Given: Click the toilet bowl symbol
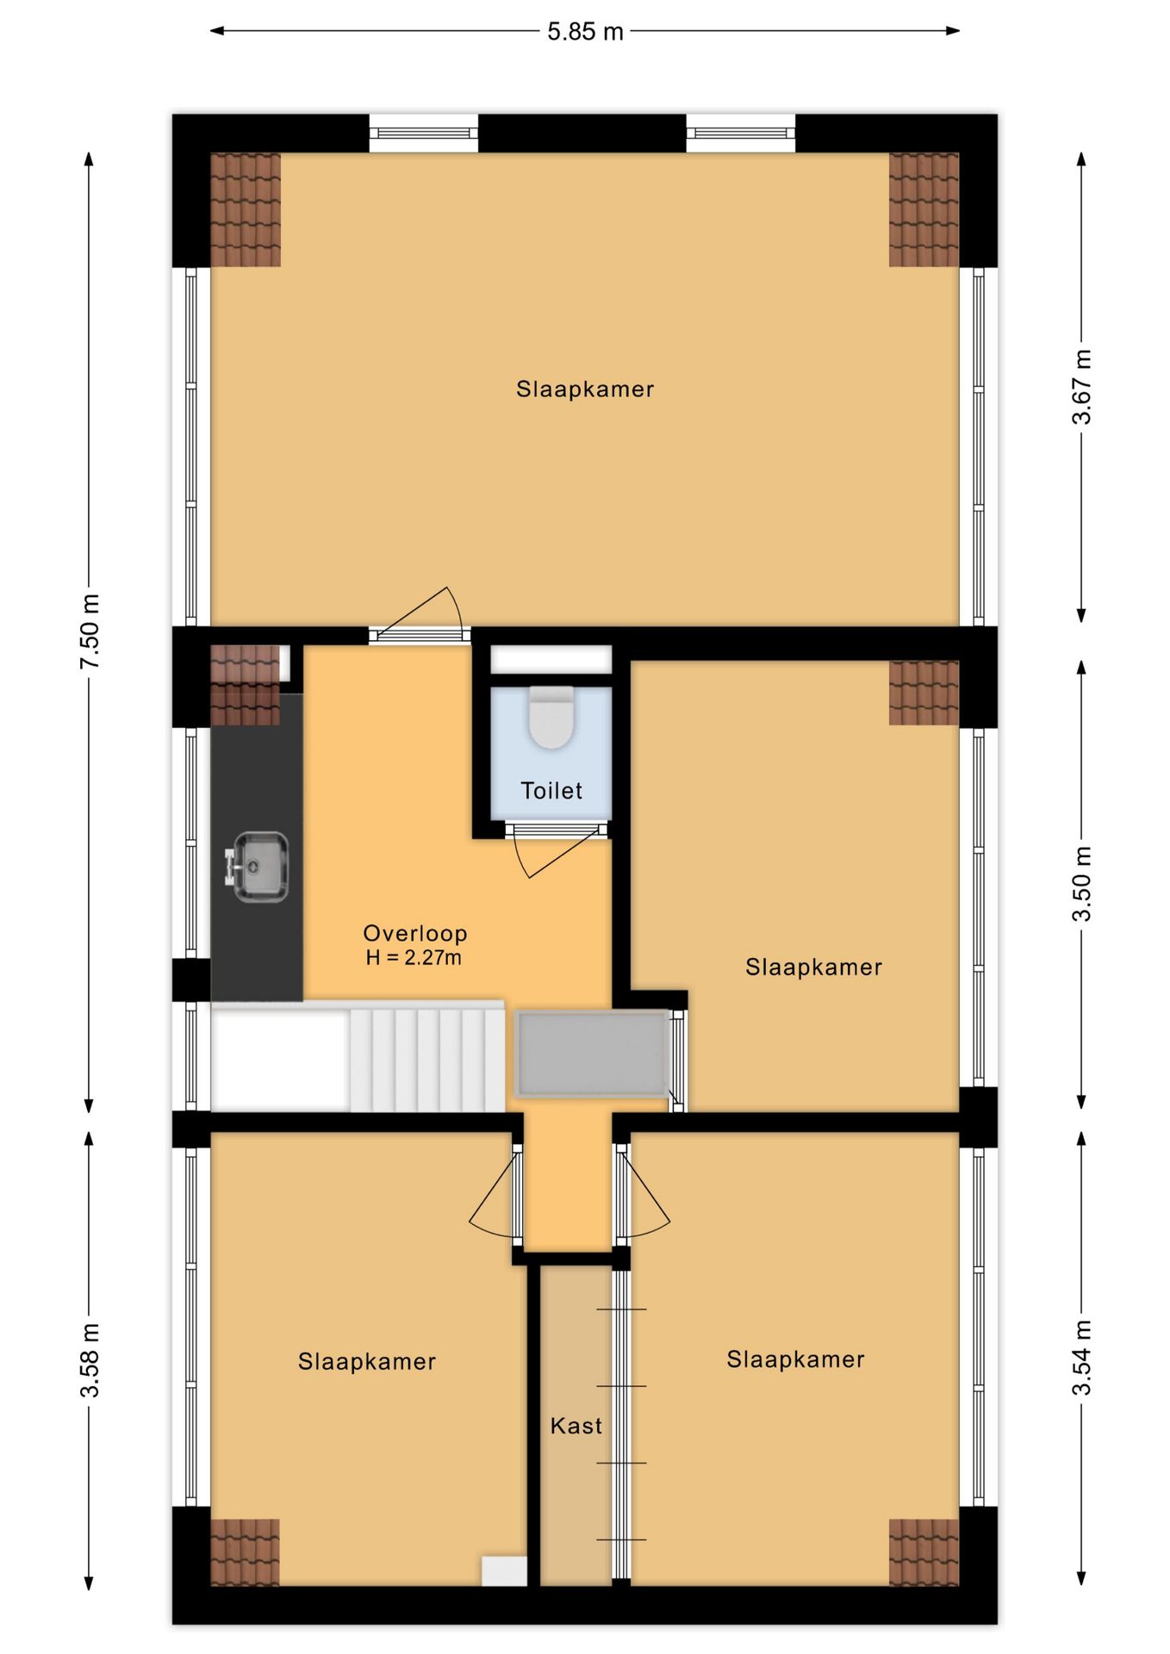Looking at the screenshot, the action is (x=551, y=717).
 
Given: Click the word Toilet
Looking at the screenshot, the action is (x=551, y=791).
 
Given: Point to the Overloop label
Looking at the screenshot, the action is (x=415, y=933).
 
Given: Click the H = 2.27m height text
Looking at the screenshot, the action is (x=414, y=957).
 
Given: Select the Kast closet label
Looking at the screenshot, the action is (x=576, y=1426).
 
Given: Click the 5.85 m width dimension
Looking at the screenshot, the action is (x=585, y=32).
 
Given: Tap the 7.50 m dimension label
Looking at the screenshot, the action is (x=90, y=631).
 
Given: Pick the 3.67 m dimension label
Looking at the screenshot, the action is (x=1081, y=387).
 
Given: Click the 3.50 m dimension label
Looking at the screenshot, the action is (x=1081, y=884).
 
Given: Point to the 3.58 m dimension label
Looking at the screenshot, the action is (x=90, y=1361).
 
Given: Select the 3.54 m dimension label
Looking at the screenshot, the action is (x=1081, y=1359).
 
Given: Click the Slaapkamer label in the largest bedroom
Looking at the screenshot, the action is (x=585, y=389).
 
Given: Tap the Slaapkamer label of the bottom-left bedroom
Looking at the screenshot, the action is (x=367, y=1361).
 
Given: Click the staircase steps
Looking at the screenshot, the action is (x=426, y=1060).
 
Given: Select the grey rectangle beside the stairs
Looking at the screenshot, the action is (x=592, y=1054).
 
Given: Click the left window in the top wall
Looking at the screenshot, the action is (x=423, y=134).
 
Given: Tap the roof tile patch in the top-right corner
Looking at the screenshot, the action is (x=924, y=209).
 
